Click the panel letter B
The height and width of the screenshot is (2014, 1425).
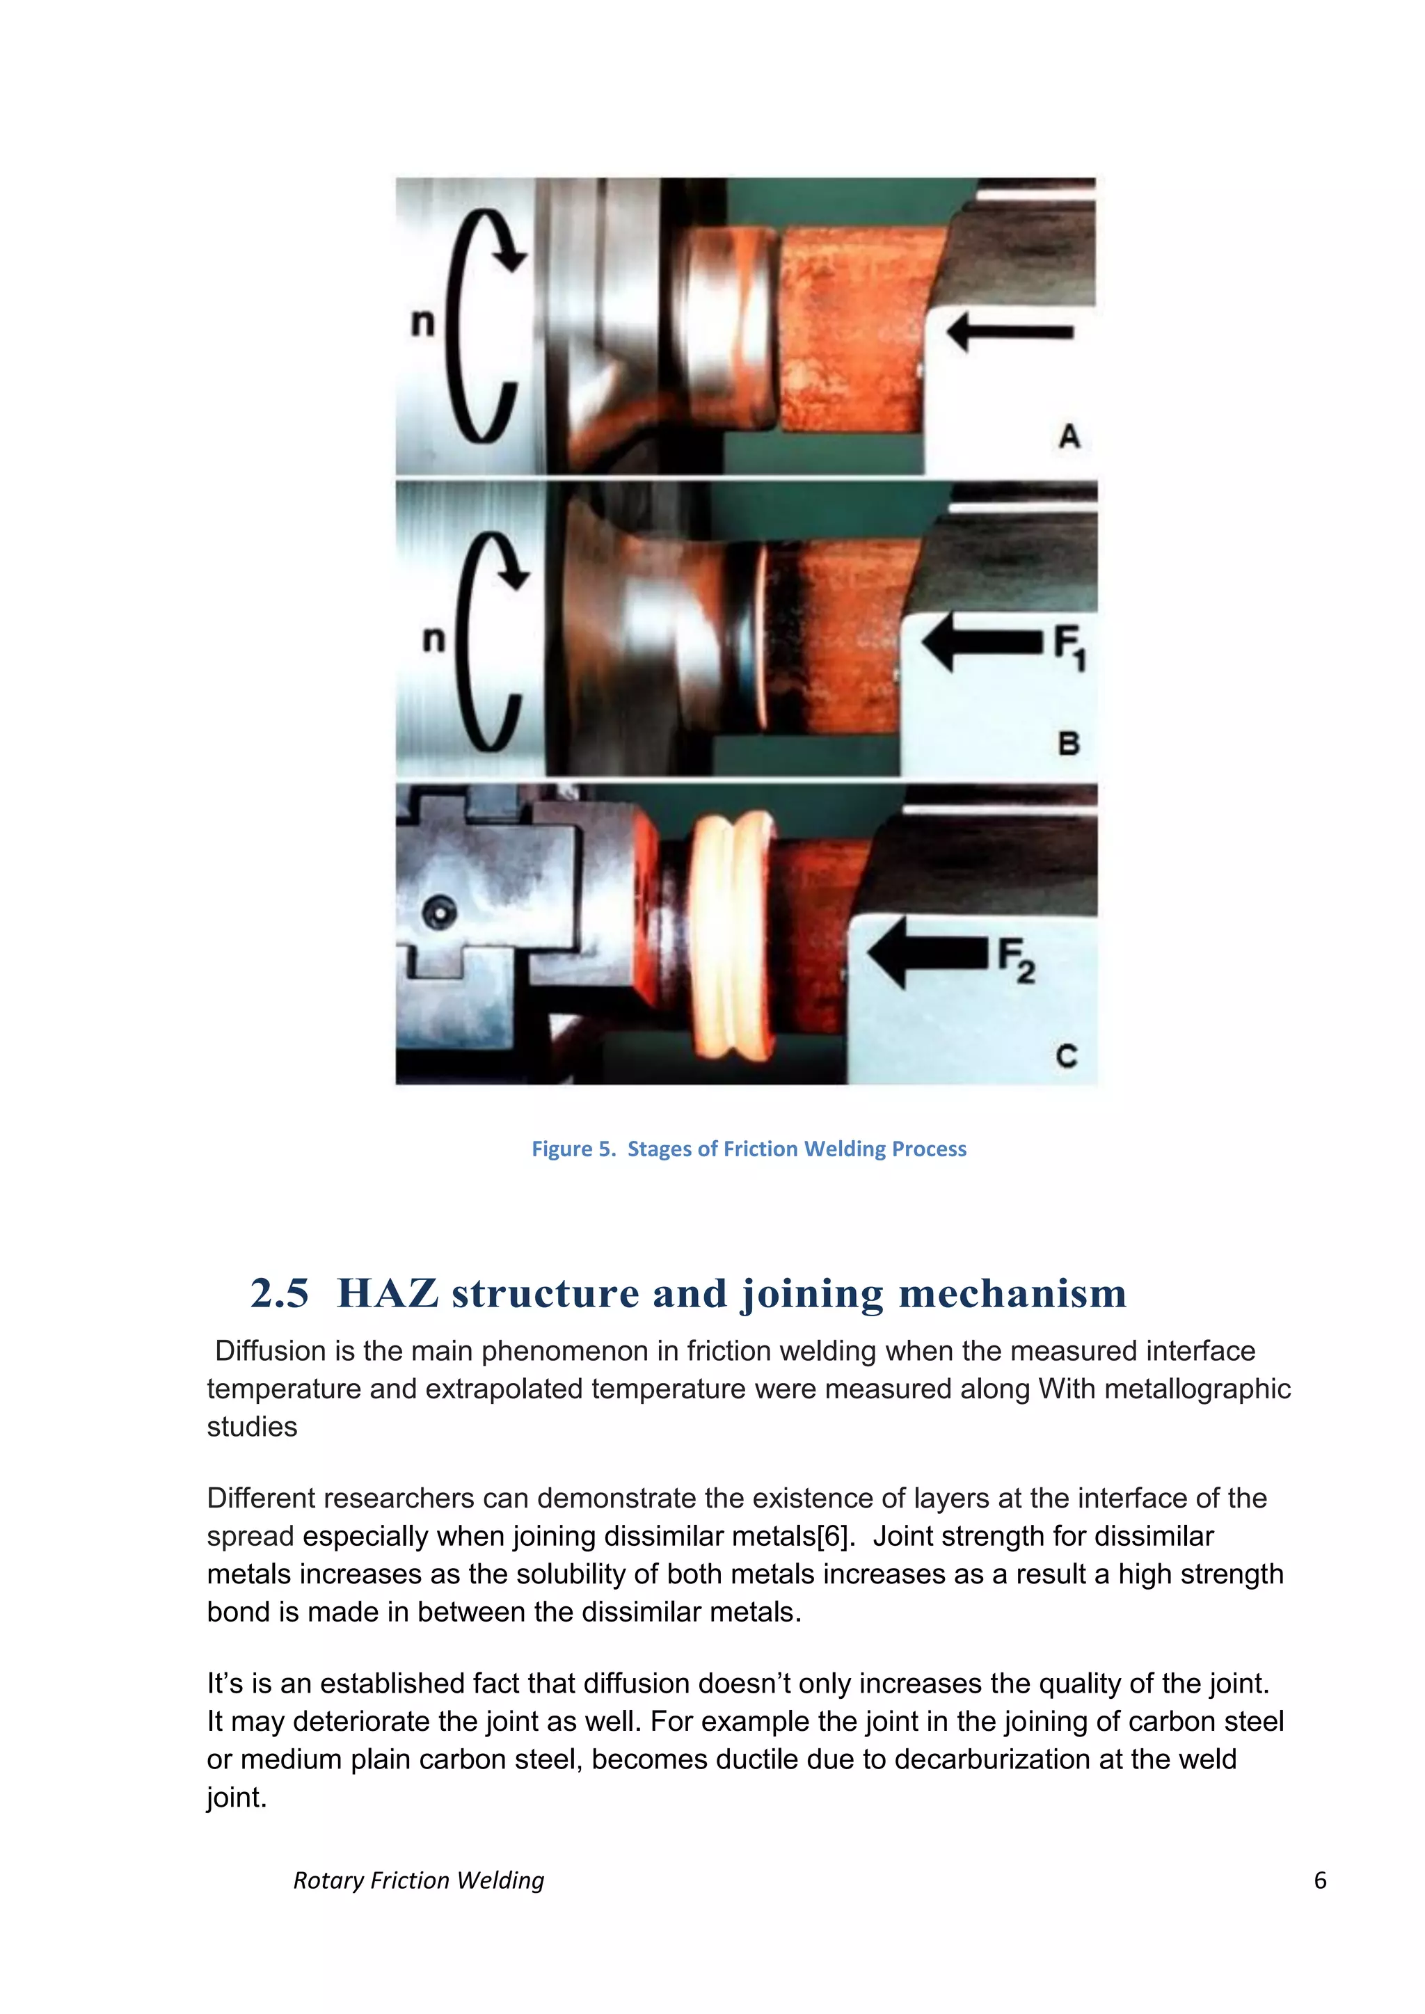[1068, 744]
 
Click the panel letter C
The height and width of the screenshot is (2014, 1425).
[1066, 1055]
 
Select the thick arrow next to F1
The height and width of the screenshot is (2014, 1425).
[981, 641]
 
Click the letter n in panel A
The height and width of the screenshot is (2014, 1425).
[423, 323]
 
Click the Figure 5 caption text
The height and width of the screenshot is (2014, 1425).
[749, 1149]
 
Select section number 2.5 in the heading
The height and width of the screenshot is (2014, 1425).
[279, 1294]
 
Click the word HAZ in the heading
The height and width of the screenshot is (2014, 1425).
[387, 1294]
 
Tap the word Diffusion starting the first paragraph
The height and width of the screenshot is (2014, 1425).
[271, 1351]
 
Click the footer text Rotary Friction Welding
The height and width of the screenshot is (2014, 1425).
[419, 1880]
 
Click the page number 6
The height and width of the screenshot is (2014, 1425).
[1320, 1880]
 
